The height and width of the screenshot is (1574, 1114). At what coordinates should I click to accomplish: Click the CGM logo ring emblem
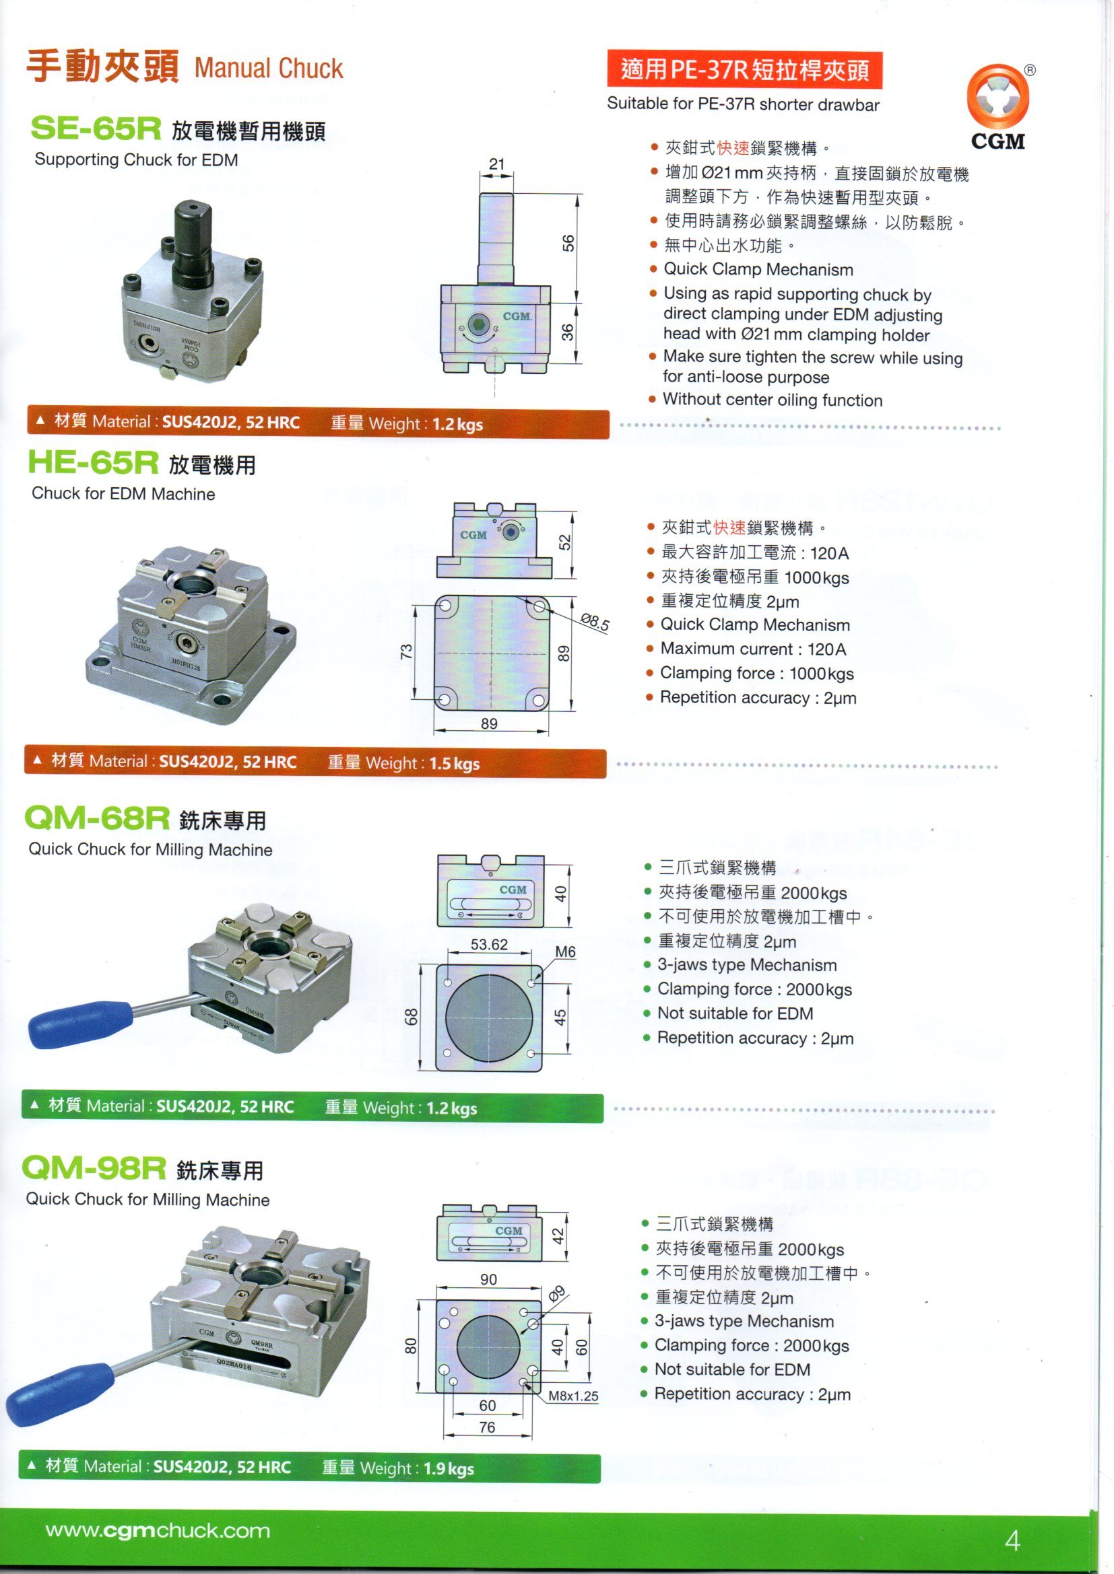pos(997,96)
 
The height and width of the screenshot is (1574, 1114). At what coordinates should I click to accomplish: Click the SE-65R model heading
pos(96,129)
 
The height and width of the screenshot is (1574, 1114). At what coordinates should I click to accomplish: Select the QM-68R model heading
pos(97,817)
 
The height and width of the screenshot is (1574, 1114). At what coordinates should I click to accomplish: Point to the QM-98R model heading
pos(94,1168)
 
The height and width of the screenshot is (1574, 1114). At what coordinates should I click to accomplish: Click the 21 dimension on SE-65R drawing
pos(496,164)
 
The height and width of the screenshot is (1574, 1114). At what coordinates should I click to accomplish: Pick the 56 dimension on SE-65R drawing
pos(568,244)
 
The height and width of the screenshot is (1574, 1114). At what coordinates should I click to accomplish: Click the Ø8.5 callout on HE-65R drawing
pos(595,622)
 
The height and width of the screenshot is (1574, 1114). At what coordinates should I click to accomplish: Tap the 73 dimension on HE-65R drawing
pos(407,651)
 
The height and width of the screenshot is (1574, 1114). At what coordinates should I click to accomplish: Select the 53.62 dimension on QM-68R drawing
pos(489,944)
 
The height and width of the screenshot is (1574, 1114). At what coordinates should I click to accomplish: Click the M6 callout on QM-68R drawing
pos(565,952)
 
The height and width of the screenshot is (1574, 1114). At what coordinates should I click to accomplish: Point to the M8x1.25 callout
pos(572,1396)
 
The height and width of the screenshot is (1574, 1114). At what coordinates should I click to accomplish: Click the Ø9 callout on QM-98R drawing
pos(556,1294)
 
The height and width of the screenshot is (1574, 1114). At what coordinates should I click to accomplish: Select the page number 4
pos(1012,1540)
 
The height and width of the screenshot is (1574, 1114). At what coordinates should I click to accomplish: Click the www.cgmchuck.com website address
pos(158,1531)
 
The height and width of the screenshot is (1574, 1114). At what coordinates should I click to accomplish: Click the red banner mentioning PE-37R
pos(744,70)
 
